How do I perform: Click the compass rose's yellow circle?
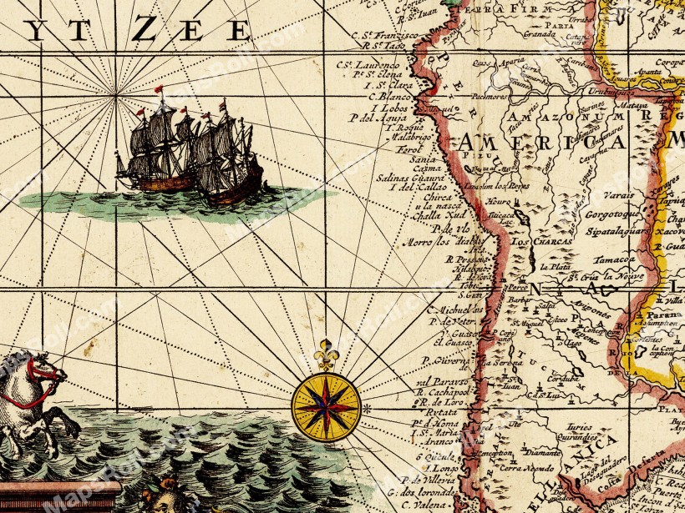[326, 407]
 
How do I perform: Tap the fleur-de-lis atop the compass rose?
[327, 355]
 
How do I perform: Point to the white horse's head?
[43, 366]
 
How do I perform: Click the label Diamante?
[544, 451]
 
